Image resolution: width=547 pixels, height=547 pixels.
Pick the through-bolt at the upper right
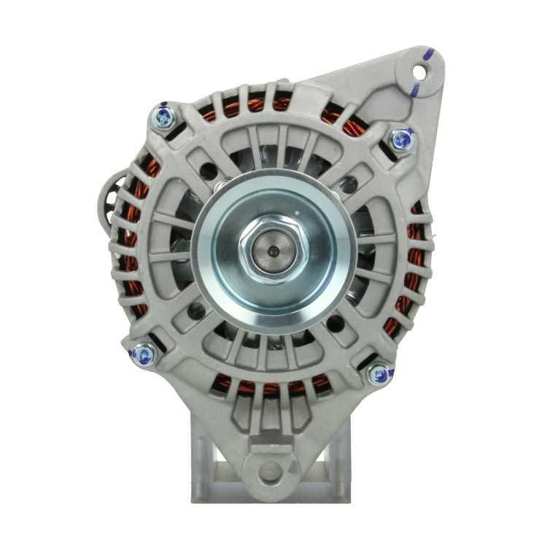[x=401, y=138]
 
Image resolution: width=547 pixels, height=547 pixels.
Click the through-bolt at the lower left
[x=143, y=355]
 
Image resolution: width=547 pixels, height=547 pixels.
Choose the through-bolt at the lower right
[x=379, y=375]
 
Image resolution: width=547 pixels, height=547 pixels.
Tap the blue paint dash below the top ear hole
[x=415, y=90]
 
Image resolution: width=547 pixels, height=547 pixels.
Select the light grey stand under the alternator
[x=219, y=467]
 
